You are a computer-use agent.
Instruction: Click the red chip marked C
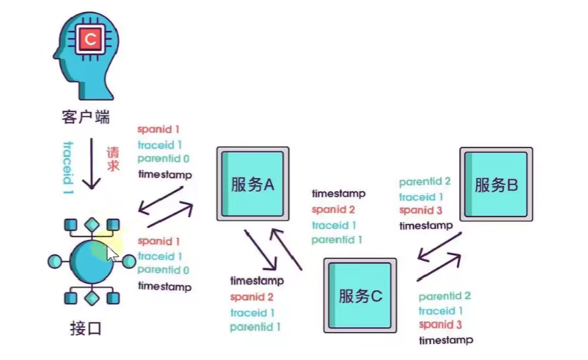tap(89, 39)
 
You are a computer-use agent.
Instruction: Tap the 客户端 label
tap(85, 116)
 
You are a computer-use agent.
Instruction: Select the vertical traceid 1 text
tap(68, 166)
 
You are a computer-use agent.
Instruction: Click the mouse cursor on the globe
tap(112, 254)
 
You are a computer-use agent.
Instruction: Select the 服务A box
tap(252, 185)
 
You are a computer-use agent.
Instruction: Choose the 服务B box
tap(496, 185)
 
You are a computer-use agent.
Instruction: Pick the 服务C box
tap(360, 295)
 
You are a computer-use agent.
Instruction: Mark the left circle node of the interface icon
tap(54, 261)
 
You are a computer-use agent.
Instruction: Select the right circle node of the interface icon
tap(129, 261)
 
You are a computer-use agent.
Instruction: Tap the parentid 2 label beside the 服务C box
tap(444, 297)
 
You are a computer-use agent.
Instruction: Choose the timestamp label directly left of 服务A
tap(164, 174)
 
